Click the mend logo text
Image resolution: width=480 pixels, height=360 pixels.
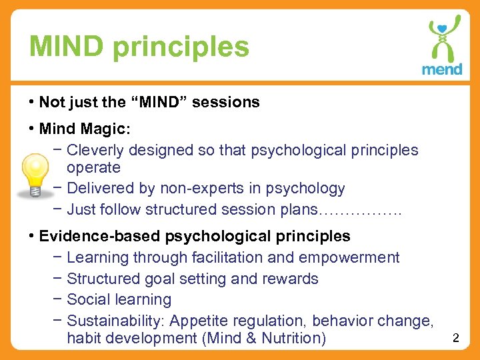442,69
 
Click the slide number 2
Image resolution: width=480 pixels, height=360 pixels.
456,338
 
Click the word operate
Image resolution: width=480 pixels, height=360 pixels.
93,167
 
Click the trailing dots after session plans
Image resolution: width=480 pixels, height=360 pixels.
361,210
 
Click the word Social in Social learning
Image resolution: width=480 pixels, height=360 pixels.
89,300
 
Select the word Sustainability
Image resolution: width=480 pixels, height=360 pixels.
116,321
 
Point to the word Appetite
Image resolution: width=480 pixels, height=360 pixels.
199,321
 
